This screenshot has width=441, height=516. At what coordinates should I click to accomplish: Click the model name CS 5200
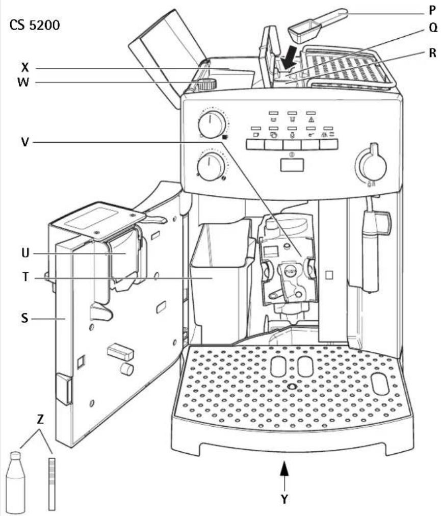pyautogui.click(x=34, y=25)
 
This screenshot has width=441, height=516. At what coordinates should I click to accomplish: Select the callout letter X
pyautogui.click(x=25, y=68)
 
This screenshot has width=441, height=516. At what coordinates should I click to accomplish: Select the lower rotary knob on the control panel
pyautogui.click(x=209, y=167)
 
